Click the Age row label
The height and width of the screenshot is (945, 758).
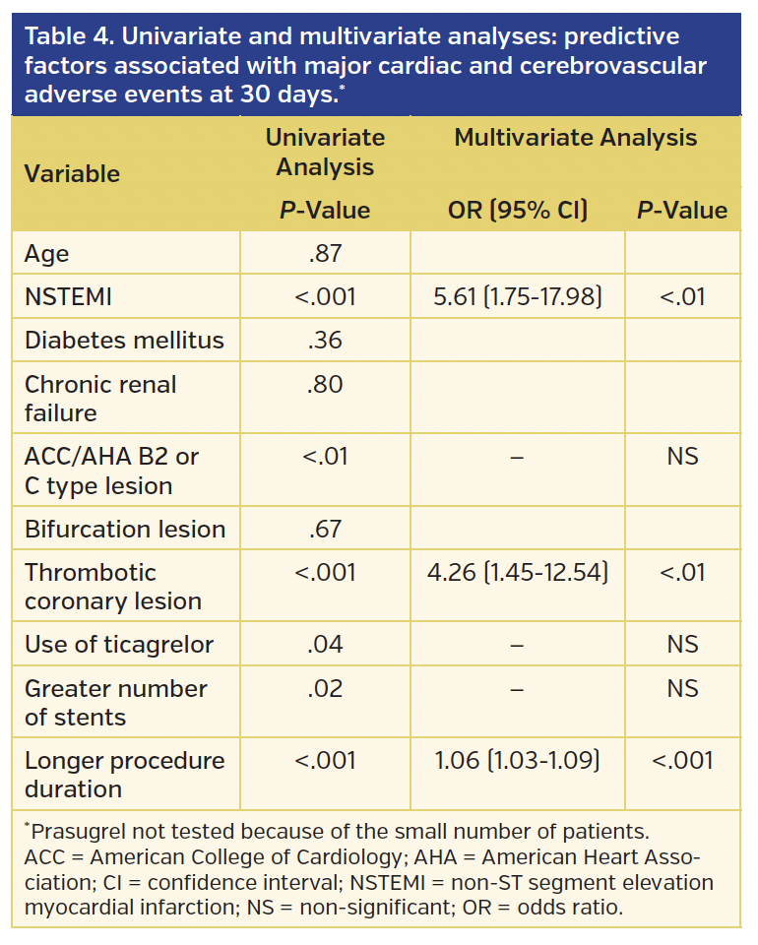click(46, 254)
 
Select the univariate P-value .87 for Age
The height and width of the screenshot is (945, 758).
click(325, 254)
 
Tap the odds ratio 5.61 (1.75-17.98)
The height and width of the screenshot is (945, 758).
click(518, 296)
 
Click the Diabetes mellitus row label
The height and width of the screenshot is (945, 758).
click(124, 341)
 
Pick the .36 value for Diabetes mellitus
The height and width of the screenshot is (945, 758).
click(325, 341)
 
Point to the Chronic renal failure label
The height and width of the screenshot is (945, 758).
click(100, 398)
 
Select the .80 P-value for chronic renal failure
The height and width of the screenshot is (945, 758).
click(325, 384)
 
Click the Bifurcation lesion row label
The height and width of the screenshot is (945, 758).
click(125, 530)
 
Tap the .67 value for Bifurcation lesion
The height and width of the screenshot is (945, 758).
click(325, 530)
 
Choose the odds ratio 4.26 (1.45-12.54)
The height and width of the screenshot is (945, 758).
click(518, 573)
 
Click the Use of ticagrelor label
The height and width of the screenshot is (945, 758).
click(119, 646)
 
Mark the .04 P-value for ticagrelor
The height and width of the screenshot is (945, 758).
click(325, 646)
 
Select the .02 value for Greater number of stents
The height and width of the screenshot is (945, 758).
click(325, 689)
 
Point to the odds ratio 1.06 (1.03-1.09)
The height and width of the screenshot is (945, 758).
click(518, 761)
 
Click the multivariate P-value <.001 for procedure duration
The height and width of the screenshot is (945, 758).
click(682, 761)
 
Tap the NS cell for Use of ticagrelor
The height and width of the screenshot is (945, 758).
click(682, 646)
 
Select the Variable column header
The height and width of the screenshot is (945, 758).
click(72, 174)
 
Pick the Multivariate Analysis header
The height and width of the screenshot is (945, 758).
click(576, 139)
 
